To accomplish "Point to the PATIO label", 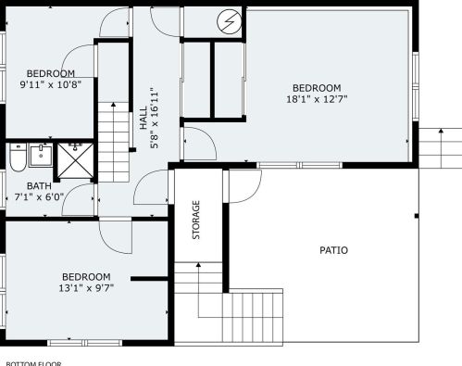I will pos(333,250).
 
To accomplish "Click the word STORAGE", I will pos(196,221).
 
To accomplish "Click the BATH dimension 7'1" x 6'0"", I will pos(39,197).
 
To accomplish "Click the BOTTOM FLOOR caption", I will pos(33,362).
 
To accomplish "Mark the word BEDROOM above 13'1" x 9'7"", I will pos(86,277).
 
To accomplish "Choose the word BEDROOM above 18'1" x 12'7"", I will pos(317,88).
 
